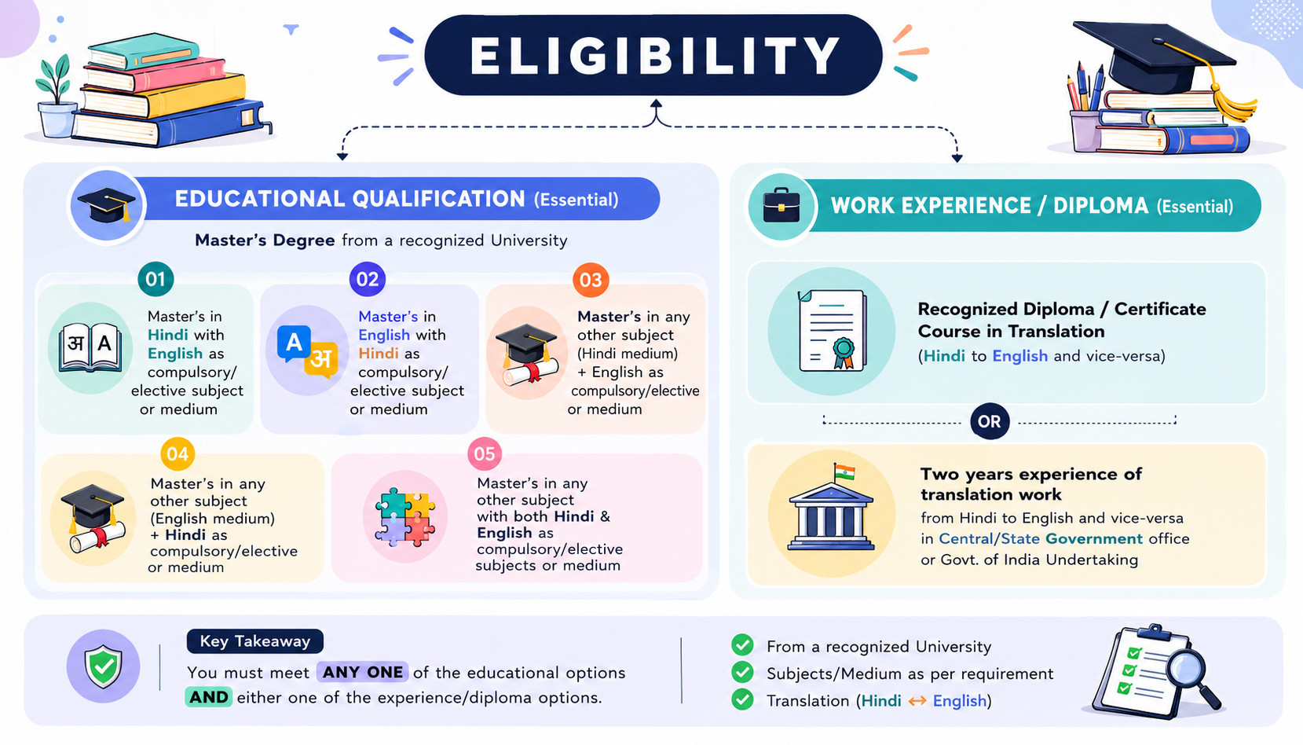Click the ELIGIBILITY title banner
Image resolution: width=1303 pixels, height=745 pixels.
click(653, 55)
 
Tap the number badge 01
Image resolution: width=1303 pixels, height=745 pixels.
click(156, 280)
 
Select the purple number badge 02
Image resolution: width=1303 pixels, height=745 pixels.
click(367, 280)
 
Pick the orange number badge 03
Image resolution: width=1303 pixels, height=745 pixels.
click(591, 280)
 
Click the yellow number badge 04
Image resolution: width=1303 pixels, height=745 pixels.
click(178, 454)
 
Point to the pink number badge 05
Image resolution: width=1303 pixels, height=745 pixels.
click(485, 454)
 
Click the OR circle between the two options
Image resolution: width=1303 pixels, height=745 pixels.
click(990, 421)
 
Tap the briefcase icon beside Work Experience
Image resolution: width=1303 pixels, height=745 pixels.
click(781, 205)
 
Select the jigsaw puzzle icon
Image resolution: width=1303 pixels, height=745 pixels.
click(404, 517)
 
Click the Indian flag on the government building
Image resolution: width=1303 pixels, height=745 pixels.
click(844, 472)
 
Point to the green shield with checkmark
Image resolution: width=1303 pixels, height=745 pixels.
click(103, 666)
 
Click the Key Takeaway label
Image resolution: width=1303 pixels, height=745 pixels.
click(254, 640)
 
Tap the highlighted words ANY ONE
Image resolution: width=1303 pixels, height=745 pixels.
click(362, 672)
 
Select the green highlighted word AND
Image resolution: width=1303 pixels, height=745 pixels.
click(208, 697)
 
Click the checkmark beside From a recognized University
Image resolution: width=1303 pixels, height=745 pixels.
click(742, 645)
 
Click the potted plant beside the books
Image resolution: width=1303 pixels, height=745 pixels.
click(55, 99)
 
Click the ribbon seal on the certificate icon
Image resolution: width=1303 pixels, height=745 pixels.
click(844, 353)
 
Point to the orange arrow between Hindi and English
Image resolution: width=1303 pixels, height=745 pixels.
click(917, 701)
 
